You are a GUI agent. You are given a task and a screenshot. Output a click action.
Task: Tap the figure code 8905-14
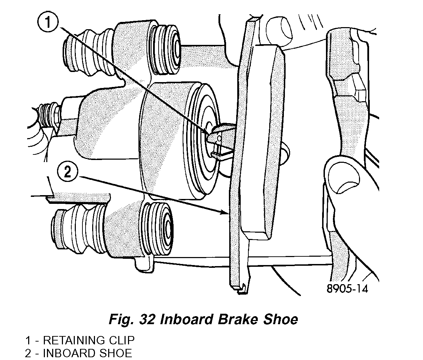[347, 289]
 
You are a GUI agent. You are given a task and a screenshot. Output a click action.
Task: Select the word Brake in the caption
[244, 319]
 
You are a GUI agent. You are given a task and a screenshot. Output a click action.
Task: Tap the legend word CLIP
[122, 340]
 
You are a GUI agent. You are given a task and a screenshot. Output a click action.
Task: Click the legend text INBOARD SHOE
[87, 353]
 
